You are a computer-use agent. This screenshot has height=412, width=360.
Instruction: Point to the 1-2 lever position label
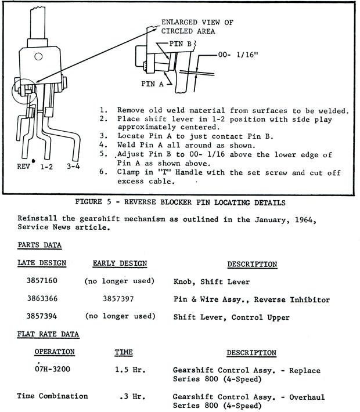click(48, 165)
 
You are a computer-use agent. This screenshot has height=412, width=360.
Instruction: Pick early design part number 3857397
click(119, 299)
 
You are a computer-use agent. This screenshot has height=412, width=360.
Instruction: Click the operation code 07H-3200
click(54, 370)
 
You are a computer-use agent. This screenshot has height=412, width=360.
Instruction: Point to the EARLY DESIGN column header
click(120, 263)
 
